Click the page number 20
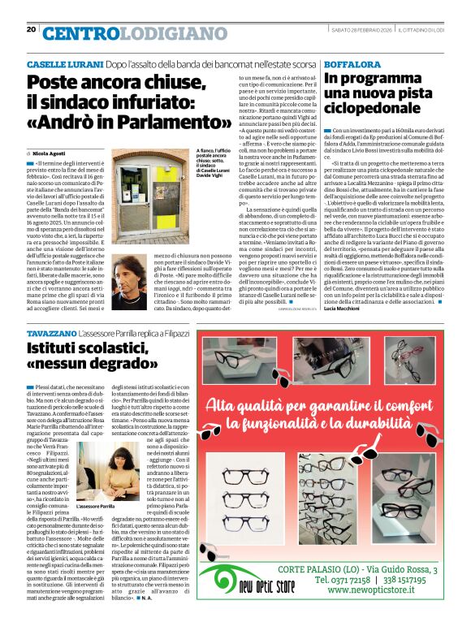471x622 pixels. pos(31,29)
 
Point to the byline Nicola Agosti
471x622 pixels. pos(51,153)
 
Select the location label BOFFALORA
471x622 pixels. pos(350,63)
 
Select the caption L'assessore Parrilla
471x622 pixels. pos(95,506)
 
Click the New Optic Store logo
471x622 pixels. pos(249,577)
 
